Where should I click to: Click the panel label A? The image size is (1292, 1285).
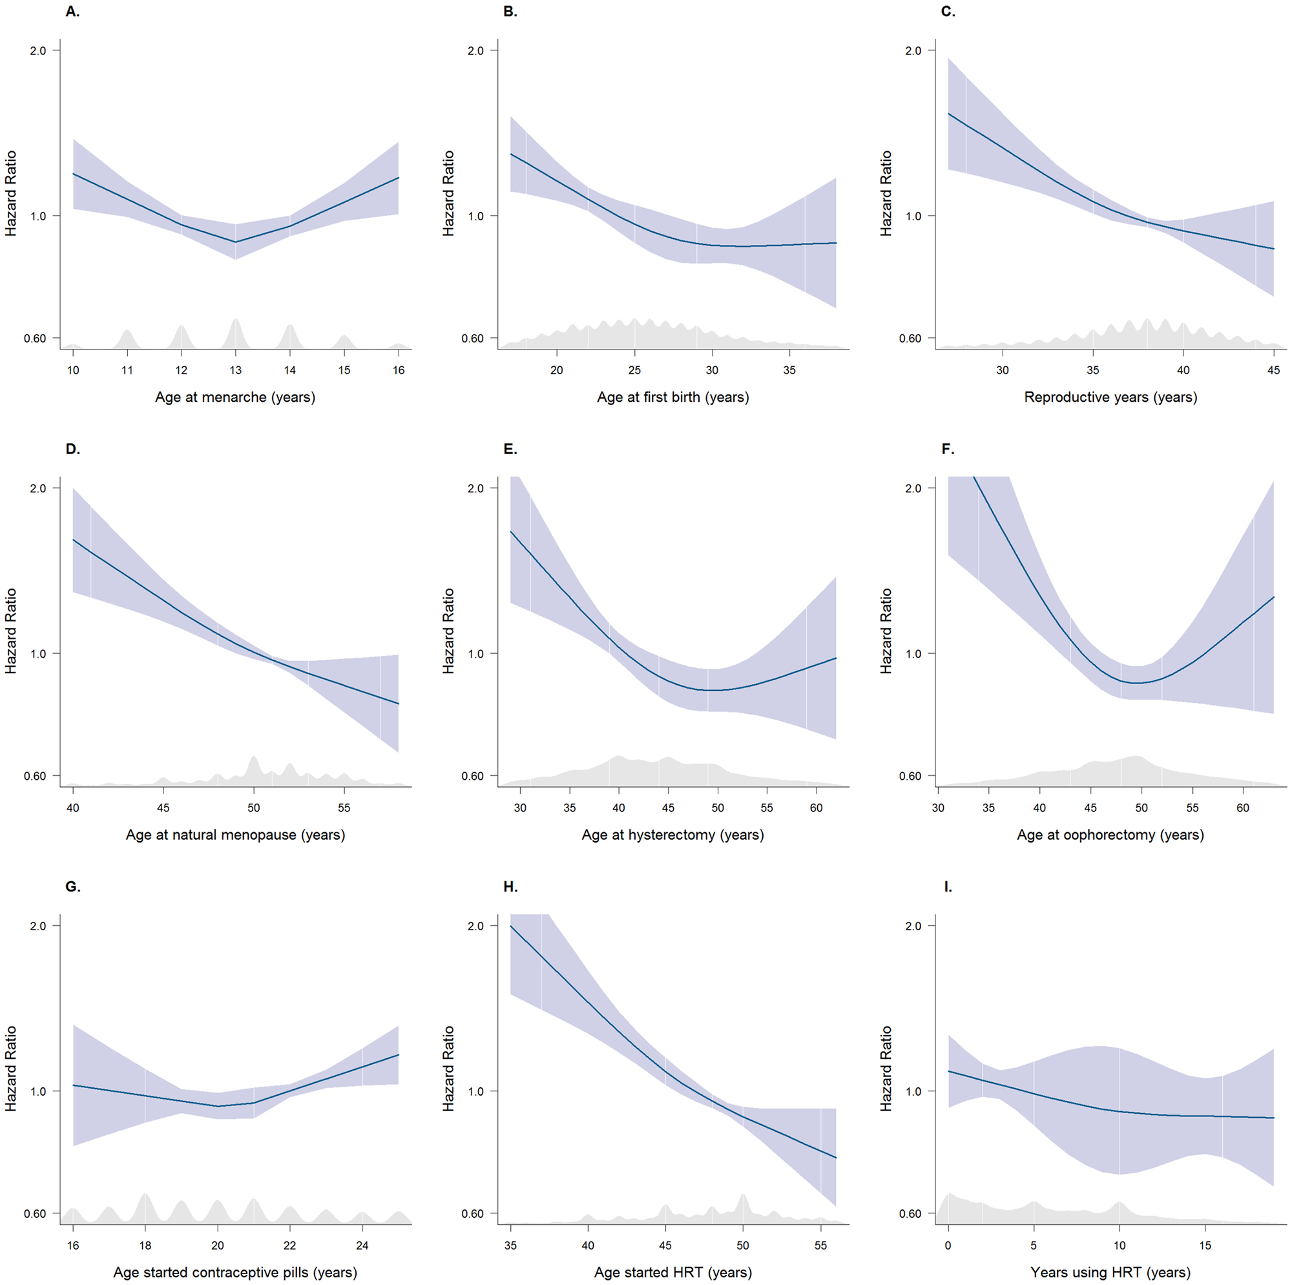point(72,12)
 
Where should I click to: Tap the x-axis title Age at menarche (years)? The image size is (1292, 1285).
point(234,397)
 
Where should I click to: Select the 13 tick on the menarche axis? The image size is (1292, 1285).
point(235,370)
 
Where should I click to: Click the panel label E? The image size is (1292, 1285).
point(510,449)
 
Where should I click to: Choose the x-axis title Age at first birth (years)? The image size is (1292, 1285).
point(672,397)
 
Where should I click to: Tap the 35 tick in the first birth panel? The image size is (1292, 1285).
point(789,370)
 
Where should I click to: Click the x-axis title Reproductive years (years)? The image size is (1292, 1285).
point(1110,397)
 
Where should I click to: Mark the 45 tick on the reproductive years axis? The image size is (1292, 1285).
point(1273,370)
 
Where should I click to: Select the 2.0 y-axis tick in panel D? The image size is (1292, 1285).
point(38,488)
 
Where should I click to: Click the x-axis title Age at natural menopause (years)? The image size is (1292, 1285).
point(234,834)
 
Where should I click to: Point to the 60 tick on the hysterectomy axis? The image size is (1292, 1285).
point(816,808)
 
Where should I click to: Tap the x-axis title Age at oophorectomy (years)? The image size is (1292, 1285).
point(1110,834)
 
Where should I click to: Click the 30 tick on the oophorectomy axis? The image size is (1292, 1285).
point(938,808)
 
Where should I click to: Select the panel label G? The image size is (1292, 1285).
point(72,886)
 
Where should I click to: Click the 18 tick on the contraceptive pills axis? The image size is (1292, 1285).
point(145,1245)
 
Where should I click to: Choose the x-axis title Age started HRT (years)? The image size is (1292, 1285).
point(672,1271)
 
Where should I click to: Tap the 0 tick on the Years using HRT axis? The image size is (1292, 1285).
point(948,1245)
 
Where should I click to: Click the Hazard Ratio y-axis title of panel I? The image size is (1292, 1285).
point(886,1069)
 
